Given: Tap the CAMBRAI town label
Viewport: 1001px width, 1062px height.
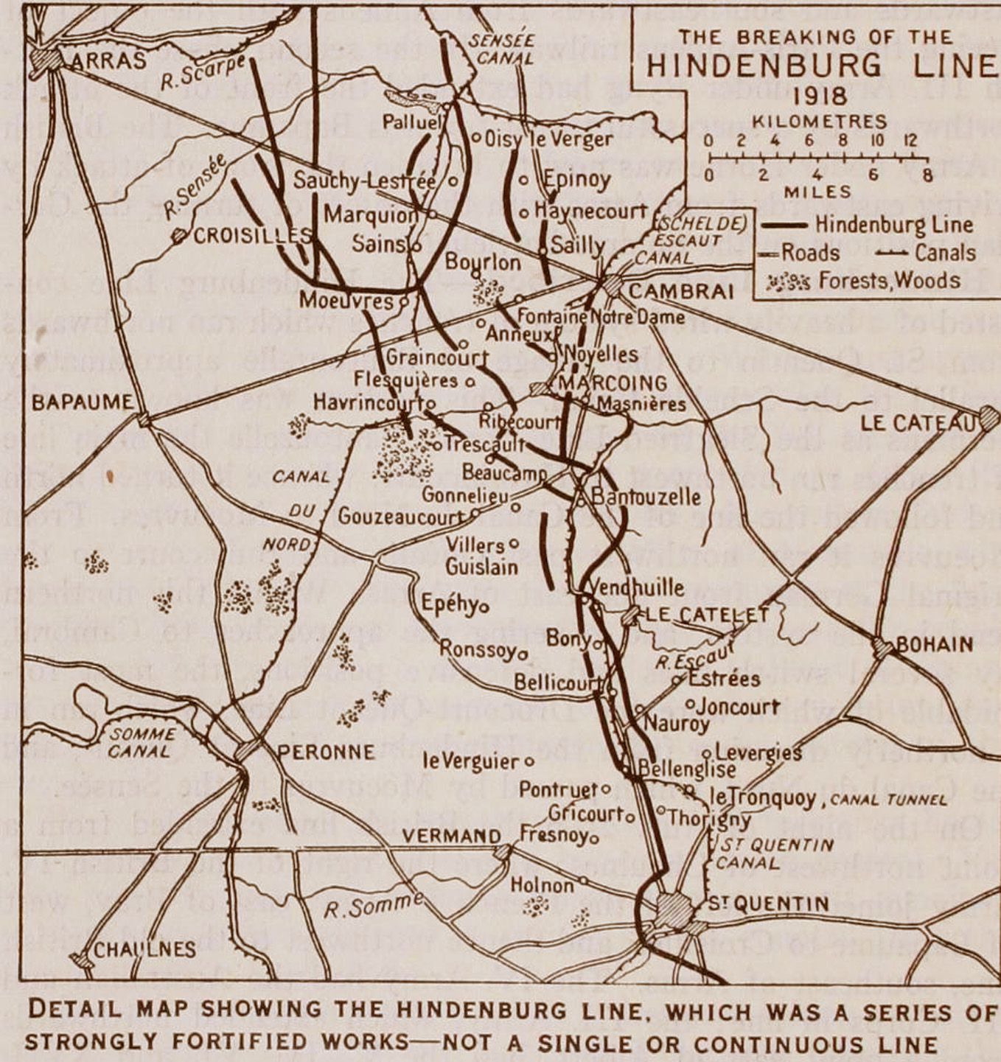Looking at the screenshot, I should click(x=681, y=291).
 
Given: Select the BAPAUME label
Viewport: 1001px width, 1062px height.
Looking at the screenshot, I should click(x=83, y=403).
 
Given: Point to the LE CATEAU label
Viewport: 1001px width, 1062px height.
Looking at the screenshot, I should click(x=918, y=423).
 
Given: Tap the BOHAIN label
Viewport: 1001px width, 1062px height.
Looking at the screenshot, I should click(x=934, y=645).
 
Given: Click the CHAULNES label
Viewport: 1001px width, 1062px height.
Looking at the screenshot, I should click(x=144, y=949).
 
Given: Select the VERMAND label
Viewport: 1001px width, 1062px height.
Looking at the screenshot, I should click(x=452, y=836).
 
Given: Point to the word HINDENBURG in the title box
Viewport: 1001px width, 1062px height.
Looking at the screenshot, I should click(x=763, y=66).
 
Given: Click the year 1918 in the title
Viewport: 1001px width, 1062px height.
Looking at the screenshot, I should click(x=818, y=95).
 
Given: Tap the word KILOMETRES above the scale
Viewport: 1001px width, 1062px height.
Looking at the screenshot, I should click(x=819, y=122).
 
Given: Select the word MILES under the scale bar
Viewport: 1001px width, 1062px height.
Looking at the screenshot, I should click(x=817, y=192).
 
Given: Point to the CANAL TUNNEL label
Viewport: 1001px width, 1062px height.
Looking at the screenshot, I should click(x=887, y=800).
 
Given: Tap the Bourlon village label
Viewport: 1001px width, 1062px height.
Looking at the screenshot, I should click(x=483, y=262).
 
